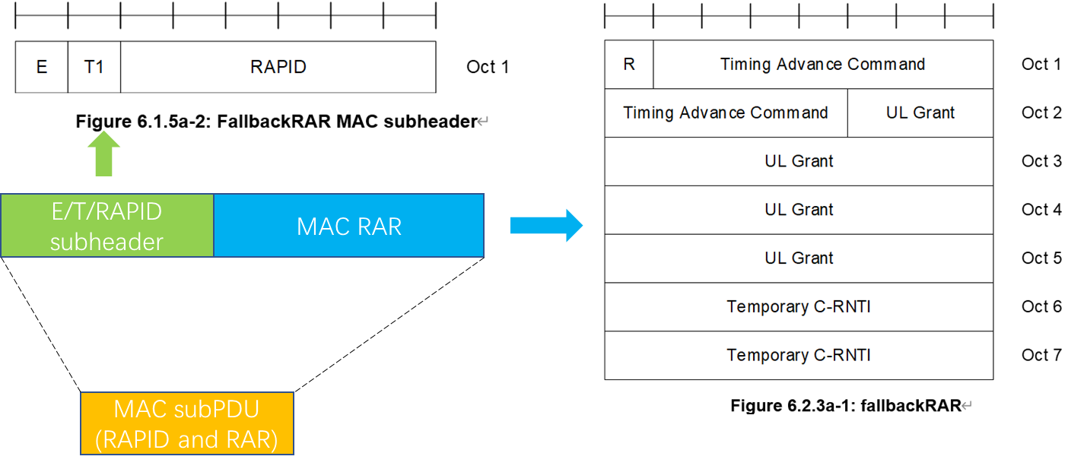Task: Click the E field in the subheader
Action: pos(42,67)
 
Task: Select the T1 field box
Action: pos(94,67)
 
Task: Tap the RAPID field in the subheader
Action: pos(278,67)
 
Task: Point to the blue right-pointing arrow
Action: pos(545,226)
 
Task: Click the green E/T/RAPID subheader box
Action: pos(107,226)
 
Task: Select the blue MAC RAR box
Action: pos(348,226)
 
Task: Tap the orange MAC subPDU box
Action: pos(187,424)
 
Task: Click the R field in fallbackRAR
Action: pos(629,65)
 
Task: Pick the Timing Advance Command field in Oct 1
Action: pos(823,65)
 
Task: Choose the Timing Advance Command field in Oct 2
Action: pos(726,113)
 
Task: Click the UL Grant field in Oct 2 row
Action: pos(920,113)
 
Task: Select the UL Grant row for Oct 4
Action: pos(799,210)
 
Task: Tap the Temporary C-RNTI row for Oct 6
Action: pos(799,307)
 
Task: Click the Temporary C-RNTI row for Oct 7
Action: pos(799,356)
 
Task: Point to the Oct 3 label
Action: pos(1041,161)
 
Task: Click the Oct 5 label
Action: pos(1041,258)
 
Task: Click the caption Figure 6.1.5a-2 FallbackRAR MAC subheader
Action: pos(276,122)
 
